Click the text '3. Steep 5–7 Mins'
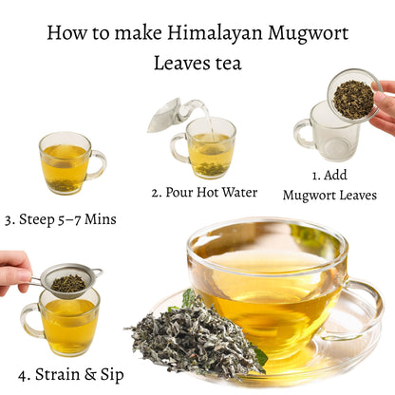tap(61, 219)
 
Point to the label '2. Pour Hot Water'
tap(203, 192)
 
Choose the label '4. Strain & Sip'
tap(64, 373)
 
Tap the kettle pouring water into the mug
tap(169, 113)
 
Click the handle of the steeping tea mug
tap(98, 163)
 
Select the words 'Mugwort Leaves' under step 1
tap(329, 195)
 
